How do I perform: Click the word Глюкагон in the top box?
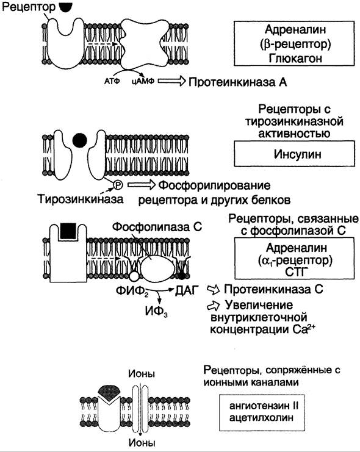click(x=295, y=59)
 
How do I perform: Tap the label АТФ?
click(x=112, y=81)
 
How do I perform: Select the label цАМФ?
click(x=143, y=81)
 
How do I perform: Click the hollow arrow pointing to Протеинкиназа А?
click(x=171, y=81)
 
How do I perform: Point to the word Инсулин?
click(x=297, y=154)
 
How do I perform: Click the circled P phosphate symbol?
click(x=118, y=185)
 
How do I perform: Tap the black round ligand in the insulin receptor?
click(x=79, y=140)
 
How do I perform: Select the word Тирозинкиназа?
click(x=81, y=199)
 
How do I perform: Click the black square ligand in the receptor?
click(x=68, y=231)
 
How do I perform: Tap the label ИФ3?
click(x=156, y=311)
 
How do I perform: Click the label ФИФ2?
click(x=132, y=290)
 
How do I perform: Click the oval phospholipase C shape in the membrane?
click(x=157, y=270)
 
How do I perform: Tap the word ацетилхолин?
click(x=261, y=417)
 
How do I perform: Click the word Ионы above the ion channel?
click(x=142, y=374)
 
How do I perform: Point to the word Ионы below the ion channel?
click(x=142, y=443)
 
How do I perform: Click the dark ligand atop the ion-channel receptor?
click(x=109, y=392)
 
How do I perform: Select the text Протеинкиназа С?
click(x=273, y=289)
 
